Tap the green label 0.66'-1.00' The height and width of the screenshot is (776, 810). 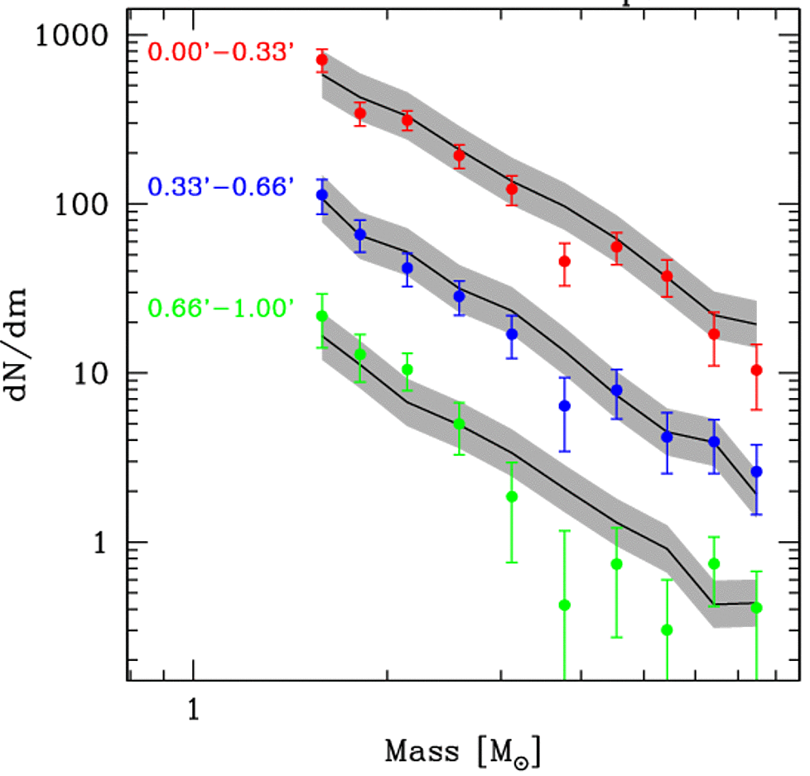220,309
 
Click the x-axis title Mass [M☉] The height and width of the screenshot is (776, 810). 463,751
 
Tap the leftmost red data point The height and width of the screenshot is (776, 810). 322,60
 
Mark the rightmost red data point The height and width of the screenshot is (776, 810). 756,370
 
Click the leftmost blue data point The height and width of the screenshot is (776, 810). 322,195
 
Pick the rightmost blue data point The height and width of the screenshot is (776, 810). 756,472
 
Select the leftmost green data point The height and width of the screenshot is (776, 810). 322,316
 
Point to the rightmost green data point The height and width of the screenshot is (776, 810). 756,608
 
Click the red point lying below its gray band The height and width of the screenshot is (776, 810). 565,261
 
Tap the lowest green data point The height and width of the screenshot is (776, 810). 668,630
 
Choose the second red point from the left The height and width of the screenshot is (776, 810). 360,113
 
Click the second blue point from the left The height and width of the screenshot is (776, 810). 360,235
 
